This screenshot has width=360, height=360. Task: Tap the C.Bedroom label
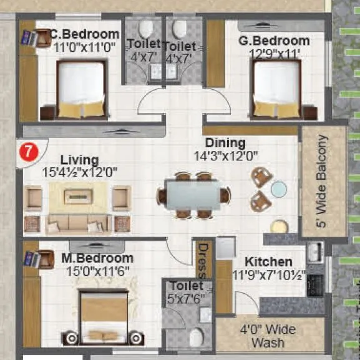pos(84,34)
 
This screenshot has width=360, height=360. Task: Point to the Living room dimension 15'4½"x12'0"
pos(79,171)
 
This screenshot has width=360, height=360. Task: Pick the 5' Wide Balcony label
pos(323,182)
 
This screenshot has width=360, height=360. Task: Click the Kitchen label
pos(268,261)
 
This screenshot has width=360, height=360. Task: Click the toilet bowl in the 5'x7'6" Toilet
pos(196,337)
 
